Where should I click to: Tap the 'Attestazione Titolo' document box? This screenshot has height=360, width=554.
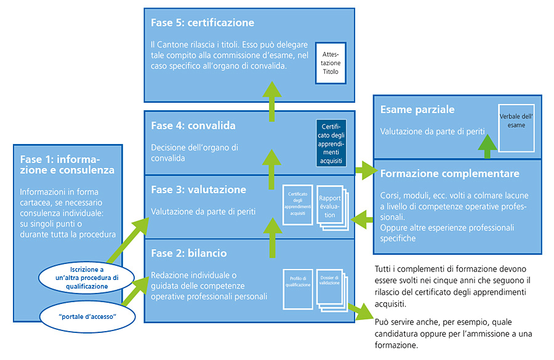click(331, 63)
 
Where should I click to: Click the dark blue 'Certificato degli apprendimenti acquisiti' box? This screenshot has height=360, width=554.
click(331, 142)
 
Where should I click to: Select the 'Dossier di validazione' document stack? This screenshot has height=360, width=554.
click(331, 289)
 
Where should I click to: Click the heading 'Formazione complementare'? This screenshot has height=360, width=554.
click(449, 174)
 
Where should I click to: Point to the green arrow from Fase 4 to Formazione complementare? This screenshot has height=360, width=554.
click(366, 169)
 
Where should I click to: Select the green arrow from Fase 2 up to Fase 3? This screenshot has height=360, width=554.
click(270, 239)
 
